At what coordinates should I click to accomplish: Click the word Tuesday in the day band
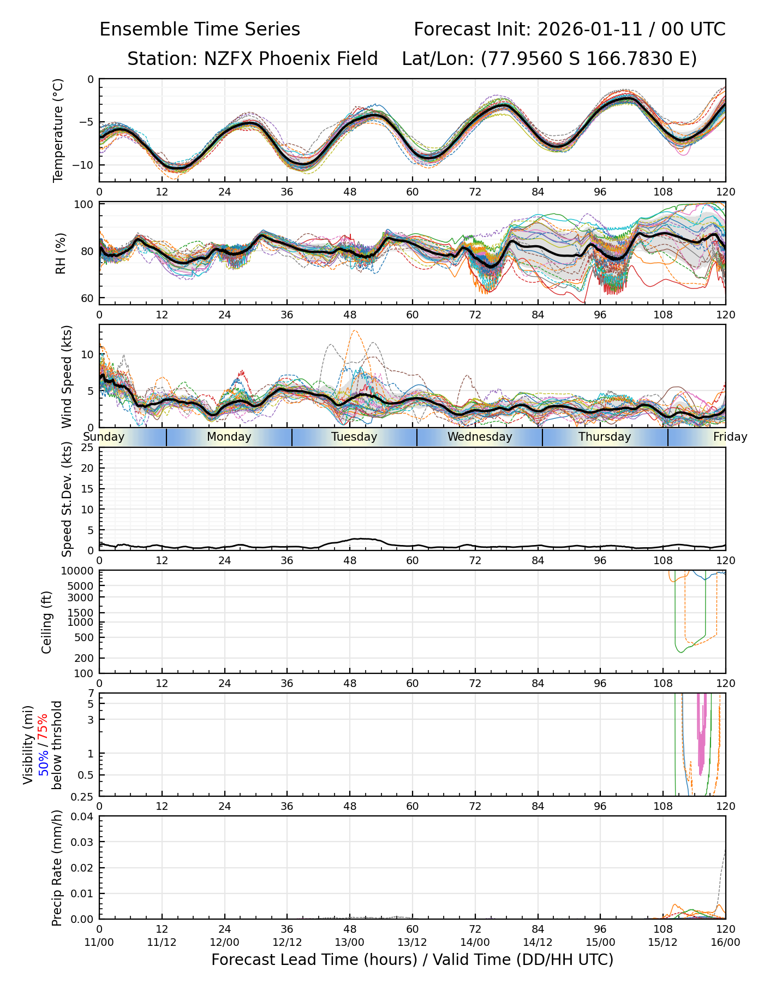point(354,437)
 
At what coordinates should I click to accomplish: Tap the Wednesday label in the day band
point(480,437)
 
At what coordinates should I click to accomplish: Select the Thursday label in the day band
point(605,437)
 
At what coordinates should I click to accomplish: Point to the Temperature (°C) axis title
point(58,130)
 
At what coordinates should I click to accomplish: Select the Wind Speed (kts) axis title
point(67,376)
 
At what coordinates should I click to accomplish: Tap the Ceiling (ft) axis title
point(47,622)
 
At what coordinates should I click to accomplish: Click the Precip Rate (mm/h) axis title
point(57,868)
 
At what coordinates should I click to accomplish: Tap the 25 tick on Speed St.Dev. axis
point(87,448)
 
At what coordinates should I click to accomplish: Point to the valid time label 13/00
point(350,942)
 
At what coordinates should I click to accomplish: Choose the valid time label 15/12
point(662,942)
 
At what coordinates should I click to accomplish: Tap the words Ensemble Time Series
point(200,29)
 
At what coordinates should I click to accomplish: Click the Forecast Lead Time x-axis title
point(412,960)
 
